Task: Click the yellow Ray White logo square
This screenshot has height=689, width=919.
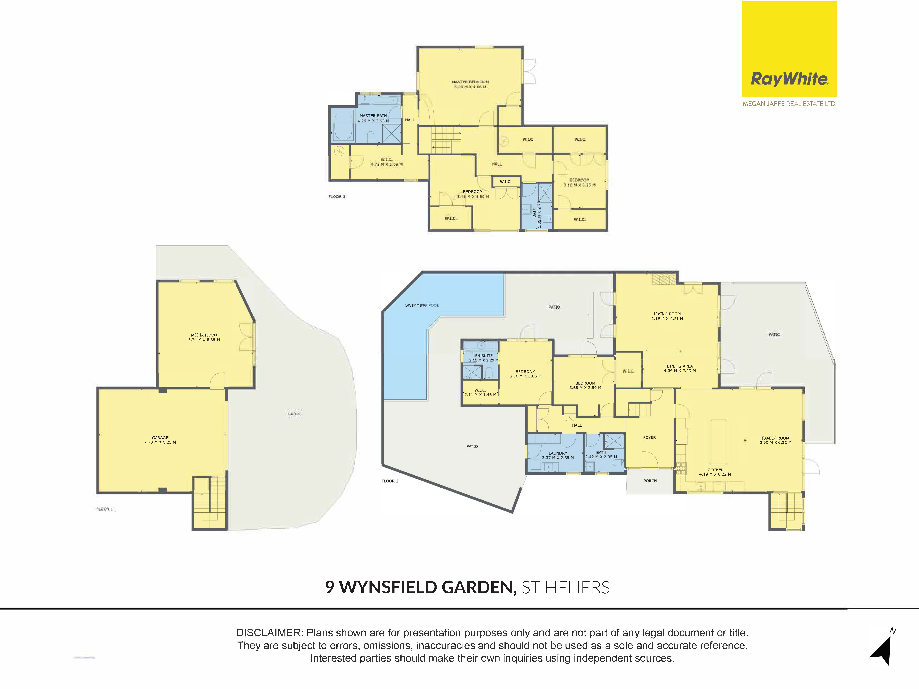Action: click(789, 49)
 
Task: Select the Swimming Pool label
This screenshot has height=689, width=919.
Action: click(422, 305)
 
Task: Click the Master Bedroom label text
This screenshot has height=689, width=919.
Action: click(470, 82)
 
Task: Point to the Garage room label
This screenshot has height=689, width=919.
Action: click(160, 438)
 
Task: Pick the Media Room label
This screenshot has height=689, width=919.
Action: click(204, 335)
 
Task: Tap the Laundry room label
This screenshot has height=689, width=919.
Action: click(558, 453)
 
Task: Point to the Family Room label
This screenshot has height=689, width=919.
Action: click(775, 438)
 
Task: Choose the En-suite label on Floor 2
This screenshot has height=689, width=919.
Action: click(484, 356)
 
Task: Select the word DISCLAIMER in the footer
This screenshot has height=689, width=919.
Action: click(269, 633)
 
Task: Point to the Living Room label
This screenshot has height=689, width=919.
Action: click(667, 314)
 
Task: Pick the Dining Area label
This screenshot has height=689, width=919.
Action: click(680, 366)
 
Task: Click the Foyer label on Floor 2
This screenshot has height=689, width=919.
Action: click(649, 437)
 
